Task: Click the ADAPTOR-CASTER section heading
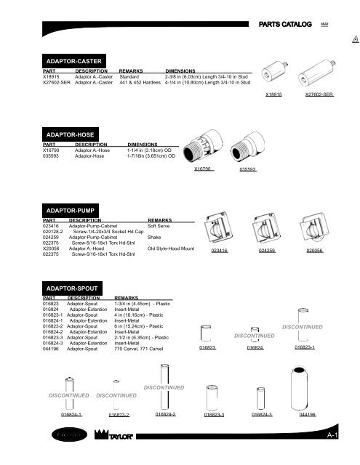(75, 60)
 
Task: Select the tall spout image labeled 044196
(307, 387)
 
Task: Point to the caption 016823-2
(119, 415)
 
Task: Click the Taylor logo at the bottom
(115, 437)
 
